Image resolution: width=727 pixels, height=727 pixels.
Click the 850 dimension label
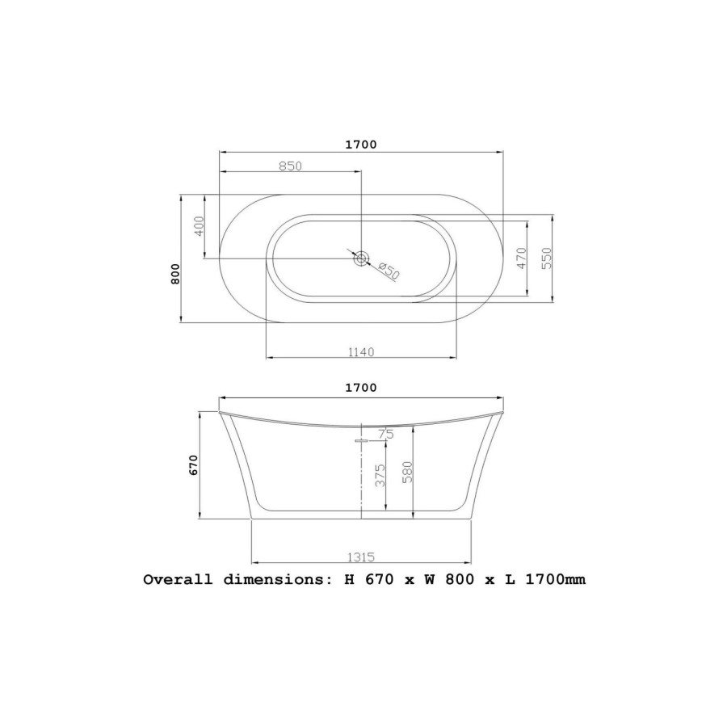coord(290,166)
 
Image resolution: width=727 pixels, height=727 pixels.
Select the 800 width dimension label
coord(175,275)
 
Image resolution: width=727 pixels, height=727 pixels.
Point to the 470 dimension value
coord(522,258)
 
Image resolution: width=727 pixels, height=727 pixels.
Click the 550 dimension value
coord(547,258)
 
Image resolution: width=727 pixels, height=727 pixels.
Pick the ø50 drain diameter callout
coord(389,271)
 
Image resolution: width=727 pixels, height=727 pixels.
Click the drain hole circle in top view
coord(361,258)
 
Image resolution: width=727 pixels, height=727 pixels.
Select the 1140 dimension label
coord(360,351)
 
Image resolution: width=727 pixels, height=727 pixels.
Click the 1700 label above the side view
coord(361,388)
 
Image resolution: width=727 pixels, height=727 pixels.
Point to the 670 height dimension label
coord(194,465)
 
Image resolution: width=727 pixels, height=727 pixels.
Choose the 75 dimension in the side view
coord(386,435)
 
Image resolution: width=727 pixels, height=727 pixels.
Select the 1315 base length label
coord(360,557)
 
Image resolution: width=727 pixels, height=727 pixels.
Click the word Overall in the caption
coord(178,579)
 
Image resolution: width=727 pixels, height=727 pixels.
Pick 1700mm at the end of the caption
coord(555,579)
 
